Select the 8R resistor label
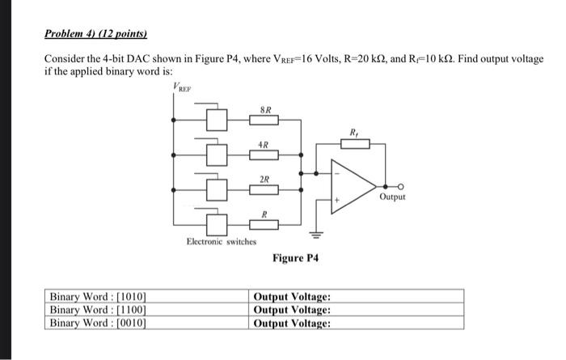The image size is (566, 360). click(264, 108)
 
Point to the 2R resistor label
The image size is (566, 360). click(264, 179)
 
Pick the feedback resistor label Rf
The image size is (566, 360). click(353, 132)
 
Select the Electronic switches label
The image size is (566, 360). click(221, 241)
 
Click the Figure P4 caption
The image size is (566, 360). click(296, 258)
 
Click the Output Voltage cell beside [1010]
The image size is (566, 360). click(292, 296)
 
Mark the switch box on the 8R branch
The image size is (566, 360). click(215, 120)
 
